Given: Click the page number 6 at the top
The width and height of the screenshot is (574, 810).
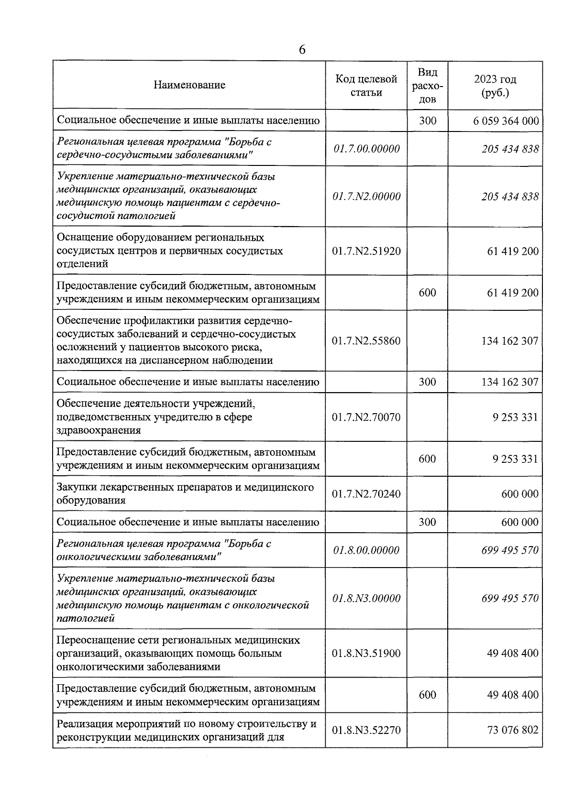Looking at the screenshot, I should pos(302,50).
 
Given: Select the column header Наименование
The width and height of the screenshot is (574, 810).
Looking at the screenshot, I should pos(189,85).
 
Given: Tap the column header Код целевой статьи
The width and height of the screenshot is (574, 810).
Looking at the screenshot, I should pos(366,85).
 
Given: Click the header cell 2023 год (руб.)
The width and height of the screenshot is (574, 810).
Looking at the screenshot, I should pos(495,86).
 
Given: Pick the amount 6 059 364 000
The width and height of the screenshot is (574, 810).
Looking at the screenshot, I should pos(506,120).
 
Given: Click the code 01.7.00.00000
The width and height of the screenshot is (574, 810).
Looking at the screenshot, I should pos(366,149).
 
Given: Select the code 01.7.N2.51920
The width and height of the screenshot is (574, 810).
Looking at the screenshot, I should pos(366,251).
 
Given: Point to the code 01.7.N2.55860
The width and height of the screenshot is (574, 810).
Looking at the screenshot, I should pos(366,341).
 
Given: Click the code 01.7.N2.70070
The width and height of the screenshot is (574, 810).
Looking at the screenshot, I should pos(366,417).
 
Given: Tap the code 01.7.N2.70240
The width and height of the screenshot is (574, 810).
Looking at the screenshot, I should pos(366,494).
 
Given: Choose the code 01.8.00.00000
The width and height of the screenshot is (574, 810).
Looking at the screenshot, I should pos(366,550).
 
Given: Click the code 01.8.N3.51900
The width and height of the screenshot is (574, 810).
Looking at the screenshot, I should pos(366,653).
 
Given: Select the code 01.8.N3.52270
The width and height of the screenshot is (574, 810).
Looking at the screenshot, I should pos(366,730).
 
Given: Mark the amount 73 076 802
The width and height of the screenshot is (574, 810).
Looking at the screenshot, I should pos(512,730).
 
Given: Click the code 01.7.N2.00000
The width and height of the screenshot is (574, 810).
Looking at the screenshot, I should pos(366,197).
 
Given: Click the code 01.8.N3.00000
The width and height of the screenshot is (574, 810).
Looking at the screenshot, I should pos(366,599).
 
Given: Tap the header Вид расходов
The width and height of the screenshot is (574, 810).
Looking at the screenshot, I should pos(427,86).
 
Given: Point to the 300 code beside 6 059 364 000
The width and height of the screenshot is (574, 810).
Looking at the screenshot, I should pos(427,120).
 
